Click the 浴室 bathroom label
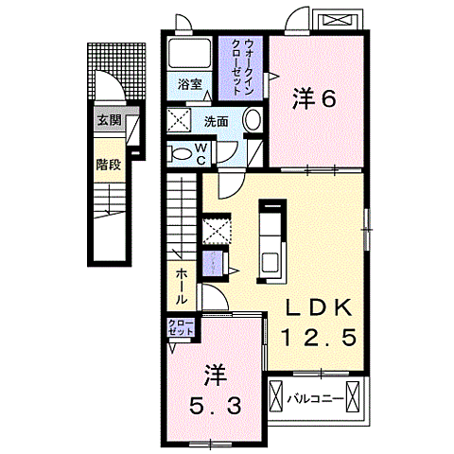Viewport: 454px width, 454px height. point(190,84)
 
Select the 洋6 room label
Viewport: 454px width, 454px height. point(315,97)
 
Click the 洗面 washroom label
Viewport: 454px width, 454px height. point(216,121)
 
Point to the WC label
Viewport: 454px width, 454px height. point(202,152)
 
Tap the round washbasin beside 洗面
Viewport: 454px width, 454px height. point(251,120)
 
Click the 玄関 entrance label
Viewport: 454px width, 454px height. point(108,120)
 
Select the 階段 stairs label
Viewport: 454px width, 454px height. point(107,165)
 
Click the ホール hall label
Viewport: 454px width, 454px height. point(179,283)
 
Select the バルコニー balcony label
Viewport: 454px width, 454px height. point(313,398)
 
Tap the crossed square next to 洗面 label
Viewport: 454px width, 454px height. point(179,120)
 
